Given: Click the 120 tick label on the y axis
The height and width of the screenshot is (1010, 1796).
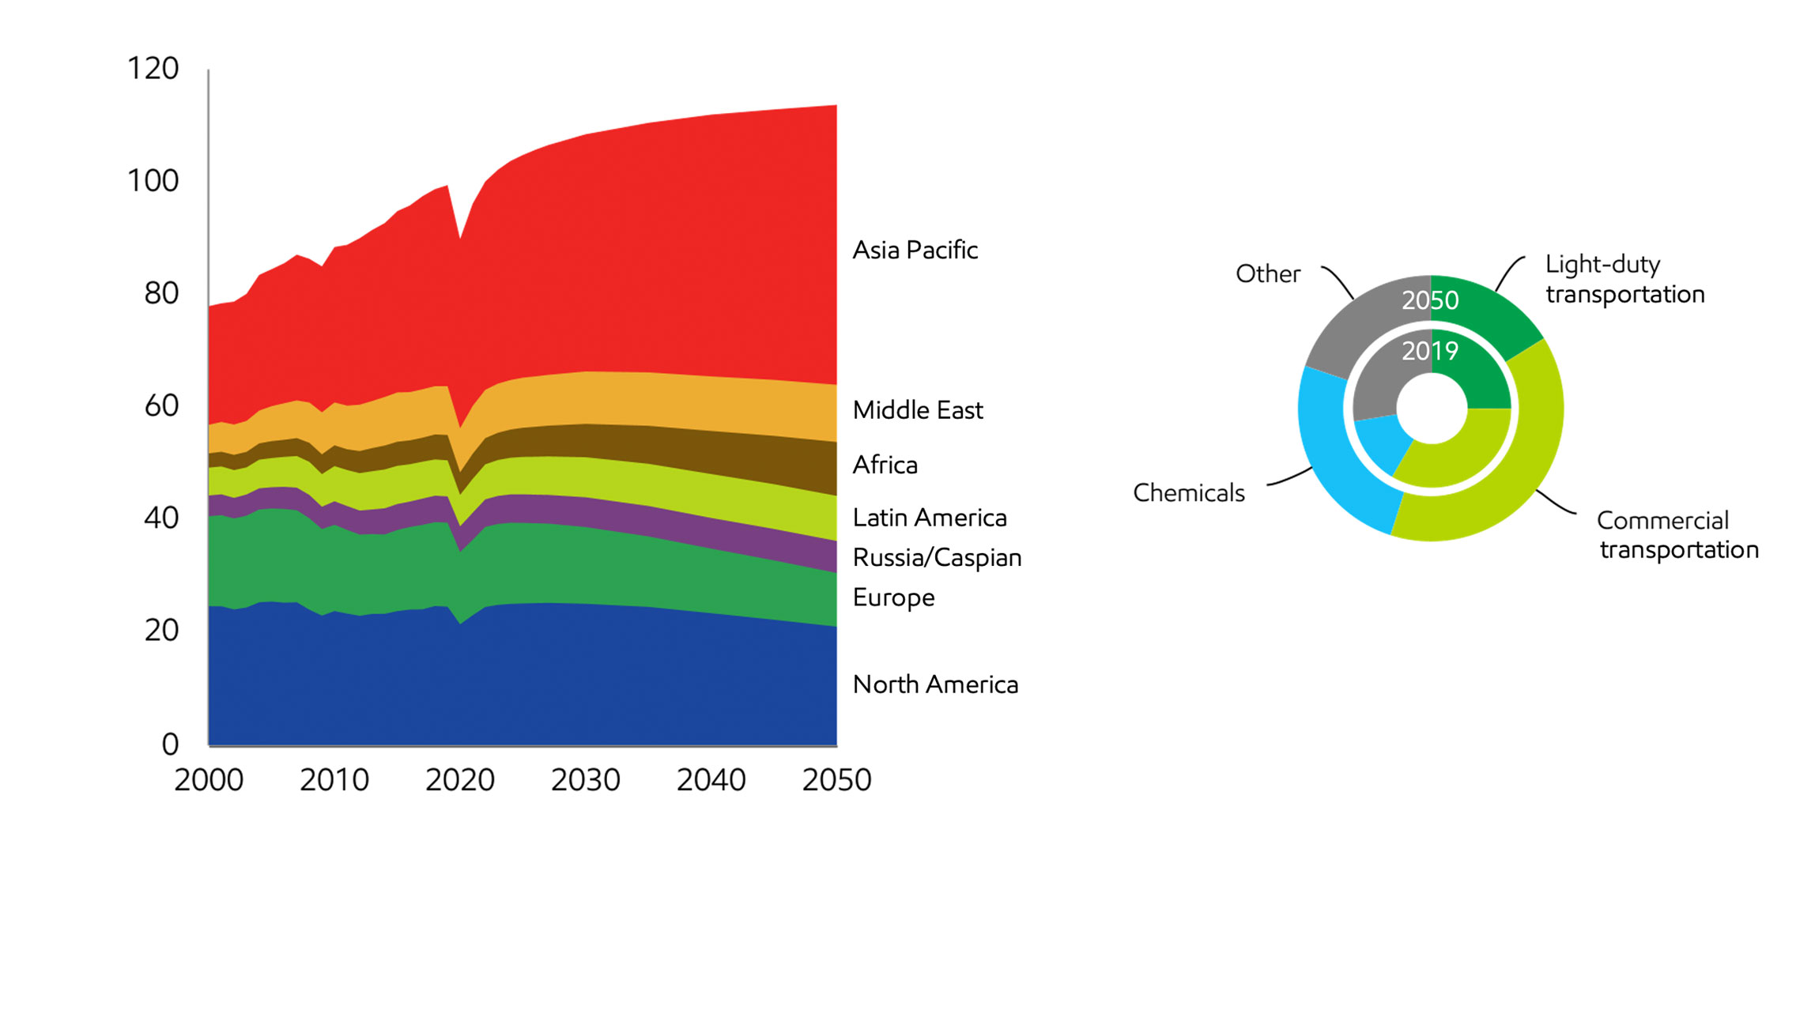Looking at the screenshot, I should pos(153,69).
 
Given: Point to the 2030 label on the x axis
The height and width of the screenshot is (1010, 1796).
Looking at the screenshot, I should pos(585,780).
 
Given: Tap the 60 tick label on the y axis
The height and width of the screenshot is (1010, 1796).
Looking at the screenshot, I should pos(161,406).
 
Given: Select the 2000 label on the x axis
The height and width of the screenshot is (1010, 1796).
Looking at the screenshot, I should pos(209,780).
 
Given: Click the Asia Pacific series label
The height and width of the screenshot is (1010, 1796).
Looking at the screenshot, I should pos(915,251).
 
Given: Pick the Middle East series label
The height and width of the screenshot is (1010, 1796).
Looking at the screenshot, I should pos(917,410).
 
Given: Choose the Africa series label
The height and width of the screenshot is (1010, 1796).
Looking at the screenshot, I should pos(885,465).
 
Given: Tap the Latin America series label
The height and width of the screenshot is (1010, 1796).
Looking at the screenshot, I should pos(929,518).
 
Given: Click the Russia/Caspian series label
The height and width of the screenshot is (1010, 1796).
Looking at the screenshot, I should pos(937,558).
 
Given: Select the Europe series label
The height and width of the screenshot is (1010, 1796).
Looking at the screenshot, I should pos(893,597).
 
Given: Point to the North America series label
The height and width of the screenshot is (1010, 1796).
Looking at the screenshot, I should pos(935,684).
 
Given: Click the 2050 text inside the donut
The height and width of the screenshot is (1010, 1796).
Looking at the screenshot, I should pos(1429,300).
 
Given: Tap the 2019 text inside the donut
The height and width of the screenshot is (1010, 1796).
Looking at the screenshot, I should pos(1429,351).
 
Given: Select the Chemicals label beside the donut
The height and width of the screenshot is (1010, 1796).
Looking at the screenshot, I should pos(1188,493).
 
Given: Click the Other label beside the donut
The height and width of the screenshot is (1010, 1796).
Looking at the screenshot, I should pos(1267,274).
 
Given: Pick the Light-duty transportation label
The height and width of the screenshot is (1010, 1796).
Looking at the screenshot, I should pos(1624,279).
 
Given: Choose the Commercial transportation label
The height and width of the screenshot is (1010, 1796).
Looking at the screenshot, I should pos(1677,535).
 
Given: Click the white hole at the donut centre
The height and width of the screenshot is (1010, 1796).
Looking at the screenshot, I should pos(1432,409).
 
